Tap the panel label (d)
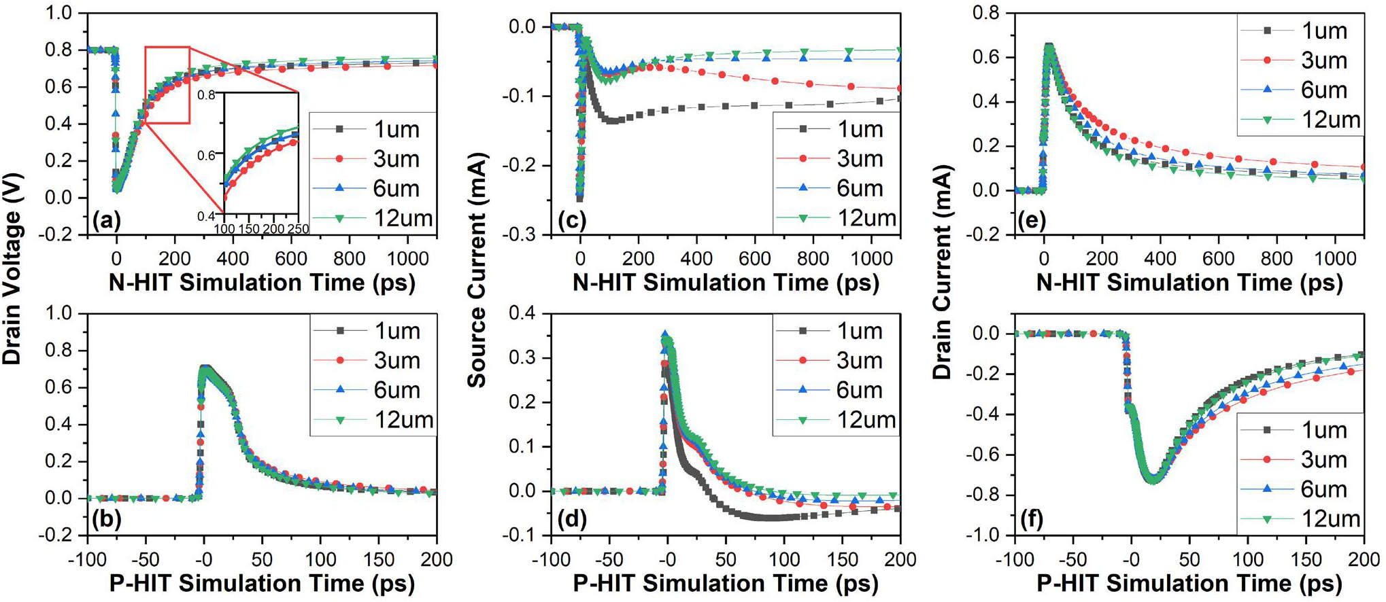coord(571,520)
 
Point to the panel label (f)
coord(1031,520)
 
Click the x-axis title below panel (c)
coord(726,283)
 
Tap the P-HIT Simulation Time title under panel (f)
coord(1189,584)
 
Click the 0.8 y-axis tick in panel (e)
coord(985,12)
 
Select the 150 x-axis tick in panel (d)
coord(843,559)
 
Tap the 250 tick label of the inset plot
coord(298,229)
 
